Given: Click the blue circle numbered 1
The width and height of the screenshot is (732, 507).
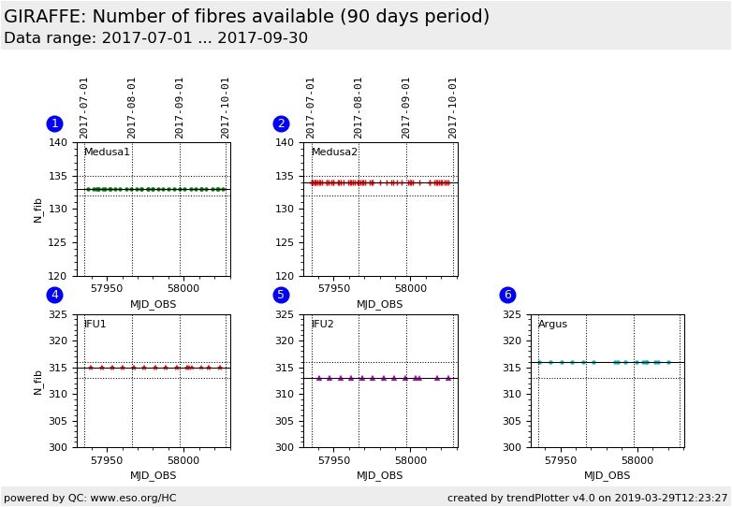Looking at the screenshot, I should pyautogui.click(x=54, y=123).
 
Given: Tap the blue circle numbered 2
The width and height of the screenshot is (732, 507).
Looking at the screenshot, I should pyautogui.click(x=281, y=123).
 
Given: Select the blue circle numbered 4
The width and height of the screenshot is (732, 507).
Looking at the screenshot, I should pyautogui.click(x=54, y=295).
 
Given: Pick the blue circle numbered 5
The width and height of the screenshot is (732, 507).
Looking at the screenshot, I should pyautogui.click(x=281, y=295).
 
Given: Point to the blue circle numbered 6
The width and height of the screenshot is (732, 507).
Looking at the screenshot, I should pyautogui.click(x=507, y=295).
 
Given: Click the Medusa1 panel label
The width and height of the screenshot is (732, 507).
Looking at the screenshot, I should pyautogui.click(x=107, y=152).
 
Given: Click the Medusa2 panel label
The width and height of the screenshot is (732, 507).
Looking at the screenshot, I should pyautogui.click(x=334, y=152).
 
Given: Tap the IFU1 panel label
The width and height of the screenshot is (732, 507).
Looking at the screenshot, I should pyautogui.click(x=95, y=325).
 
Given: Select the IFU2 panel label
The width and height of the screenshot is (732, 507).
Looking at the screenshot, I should pyautogui.click(x=322, y=325).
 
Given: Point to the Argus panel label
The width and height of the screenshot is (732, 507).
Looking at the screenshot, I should pyautogui.click(x=552, y=325).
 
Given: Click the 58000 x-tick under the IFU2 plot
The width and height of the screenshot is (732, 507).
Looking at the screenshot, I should pyautogui.click(x=410, y=460).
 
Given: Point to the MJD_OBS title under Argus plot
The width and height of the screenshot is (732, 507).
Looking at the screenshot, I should pyautogui.click(x=608, y=476).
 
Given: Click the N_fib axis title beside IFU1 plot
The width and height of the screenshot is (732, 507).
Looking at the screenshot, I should pyautogui.click(x=38, y=381).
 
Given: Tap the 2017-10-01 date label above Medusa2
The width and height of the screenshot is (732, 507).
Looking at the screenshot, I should pyautogui.click(x=453, y=107).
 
